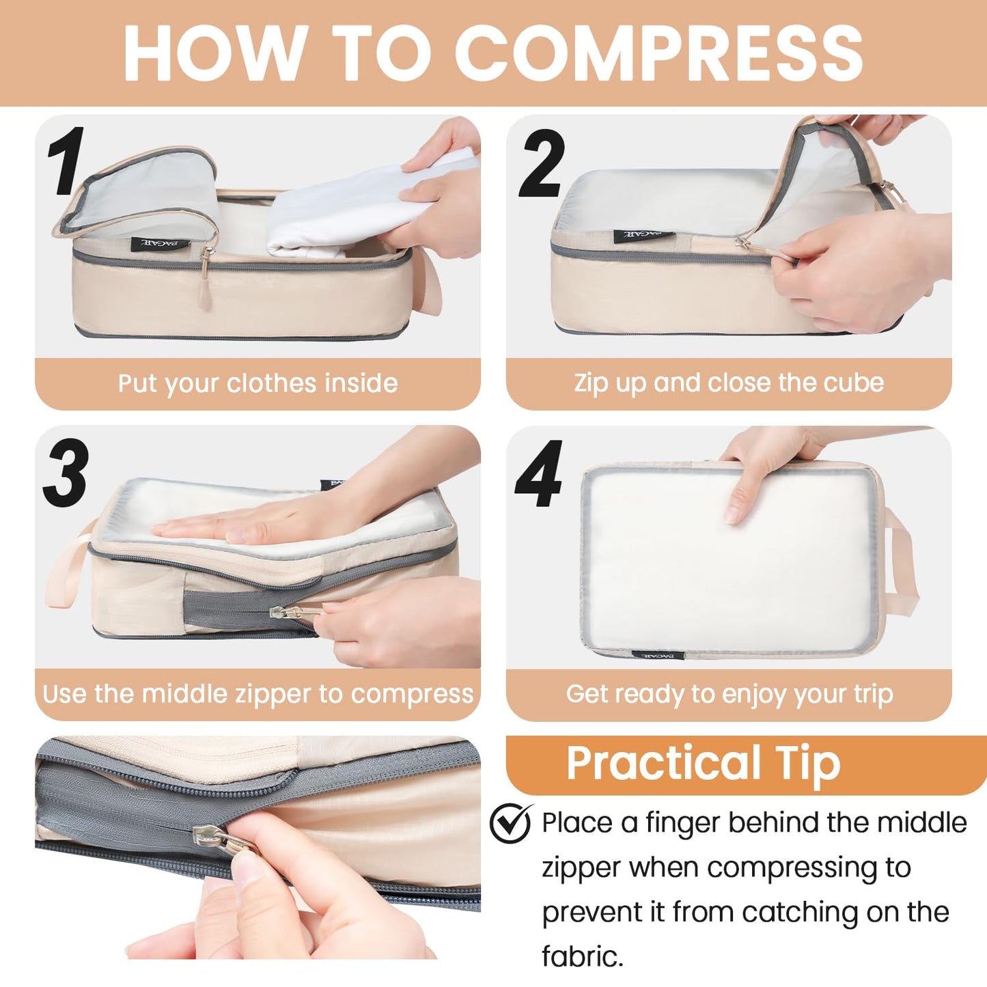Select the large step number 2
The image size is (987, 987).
click(x=542, y=164)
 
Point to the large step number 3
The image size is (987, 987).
click(x=66, y=473)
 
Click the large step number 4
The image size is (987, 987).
click(x=539, y=474)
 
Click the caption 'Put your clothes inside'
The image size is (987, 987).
click(x=258, y=383)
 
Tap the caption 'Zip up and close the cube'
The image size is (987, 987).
click(x=729, y=383)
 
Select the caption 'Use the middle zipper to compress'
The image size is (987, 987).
click(x=258, y=694)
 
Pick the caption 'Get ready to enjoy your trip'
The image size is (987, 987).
click(x=729, y=694)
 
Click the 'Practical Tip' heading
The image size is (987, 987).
click(x=703, y=763)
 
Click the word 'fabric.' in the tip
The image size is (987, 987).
click(x=582, y=956)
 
